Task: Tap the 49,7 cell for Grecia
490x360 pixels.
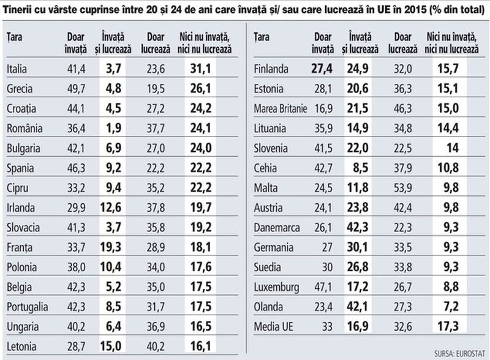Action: (75, 89)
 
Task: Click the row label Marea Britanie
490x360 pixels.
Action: (279, 109)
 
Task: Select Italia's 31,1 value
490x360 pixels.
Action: (208, 69)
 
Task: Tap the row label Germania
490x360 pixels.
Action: (272, 247)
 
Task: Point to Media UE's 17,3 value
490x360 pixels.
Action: (448, 326)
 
